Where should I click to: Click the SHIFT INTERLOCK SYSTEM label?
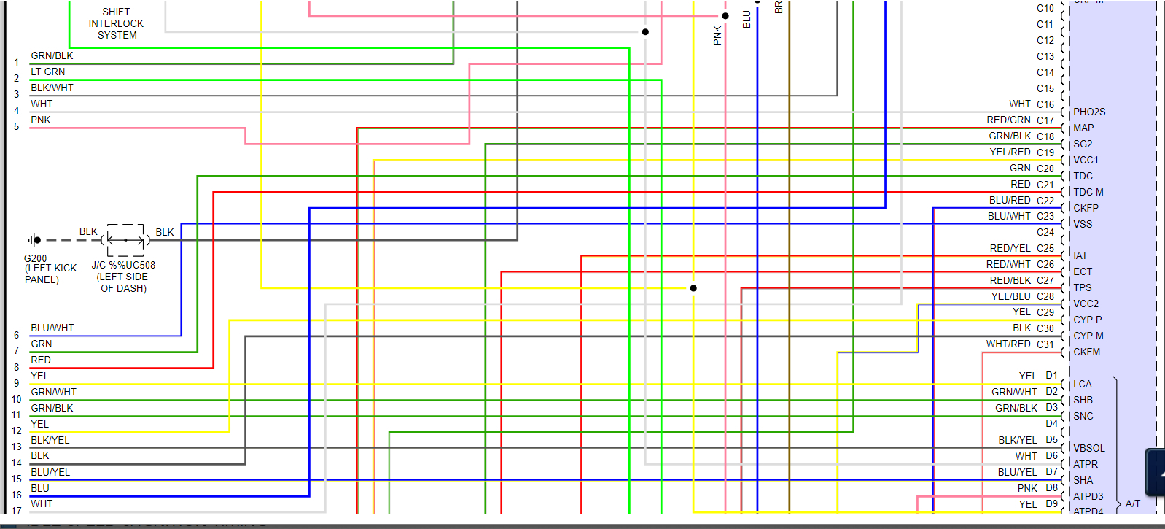(117, 23)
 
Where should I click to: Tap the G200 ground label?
(35, 258)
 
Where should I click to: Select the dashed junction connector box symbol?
(125, 240)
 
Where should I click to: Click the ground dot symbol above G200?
(36, 240)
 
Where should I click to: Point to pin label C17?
(1045, 120)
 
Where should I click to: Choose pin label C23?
(1045, 217)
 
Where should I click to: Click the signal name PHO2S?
(1089, 112)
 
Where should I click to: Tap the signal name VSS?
(1083, 224)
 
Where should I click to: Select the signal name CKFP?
(1086, 208)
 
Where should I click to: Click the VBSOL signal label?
(1088, 448)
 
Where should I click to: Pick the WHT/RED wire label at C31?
(1008, 344)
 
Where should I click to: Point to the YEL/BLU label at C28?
(1010, 296)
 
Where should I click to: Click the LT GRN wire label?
(48, 72)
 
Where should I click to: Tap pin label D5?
(1051, 439)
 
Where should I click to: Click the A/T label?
(1132, 503)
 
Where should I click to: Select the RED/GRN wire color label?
(1008, 120)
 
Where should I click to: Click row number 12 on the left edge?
(17, 430)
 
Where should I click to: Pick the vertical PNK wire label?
(717, 35)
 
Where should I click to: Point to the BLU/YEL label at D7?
(1017, 472)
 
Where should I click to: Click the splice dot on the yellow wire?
(693, 288)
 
